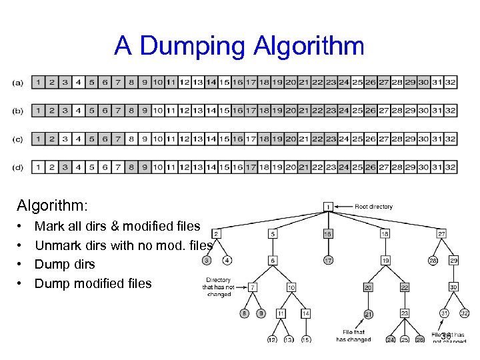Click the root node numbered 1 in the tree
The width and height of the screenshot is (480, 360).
click(328, 207)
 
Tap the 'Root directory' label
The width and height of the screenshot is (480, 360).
click(373, 207)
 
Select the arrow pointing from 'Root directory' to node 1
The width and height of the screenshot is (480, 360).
click(343, 207)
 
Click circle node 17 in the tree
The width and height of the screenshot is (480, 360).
click(328, 259)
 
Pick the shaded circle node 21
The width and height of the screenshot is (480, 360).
click(368, 313)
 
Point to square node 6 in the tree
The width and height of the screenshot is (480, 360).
click(273, 259)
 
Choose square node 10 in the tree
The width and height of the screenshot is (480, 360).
click(291, 287)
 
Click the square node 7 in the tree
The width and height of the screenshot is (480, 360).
click(251, 287)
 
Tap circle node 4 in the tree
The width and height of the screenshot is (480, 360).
click(228, 259)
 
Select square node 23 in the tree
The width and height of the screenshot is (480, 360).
click(405, 313)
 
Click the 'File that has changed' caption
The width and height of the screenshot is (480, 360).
click(353, 335)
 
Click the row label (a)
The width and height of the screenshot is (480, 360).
click(18, 83)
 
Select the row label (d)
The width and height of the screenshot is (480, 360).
click(18, 167)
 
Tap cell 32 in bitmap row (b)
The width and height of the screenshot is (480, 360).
click(450, 111)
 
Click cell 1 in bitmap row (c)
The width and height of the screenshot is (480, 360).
click(39, 139)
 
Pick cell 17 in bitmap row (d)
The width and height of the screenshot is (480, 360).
click(251, 167)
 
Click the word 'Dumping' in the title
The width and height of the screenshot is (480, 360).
click(193, 46)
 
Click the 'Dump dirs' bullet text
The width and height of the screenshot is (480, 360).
click(65, 264)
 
